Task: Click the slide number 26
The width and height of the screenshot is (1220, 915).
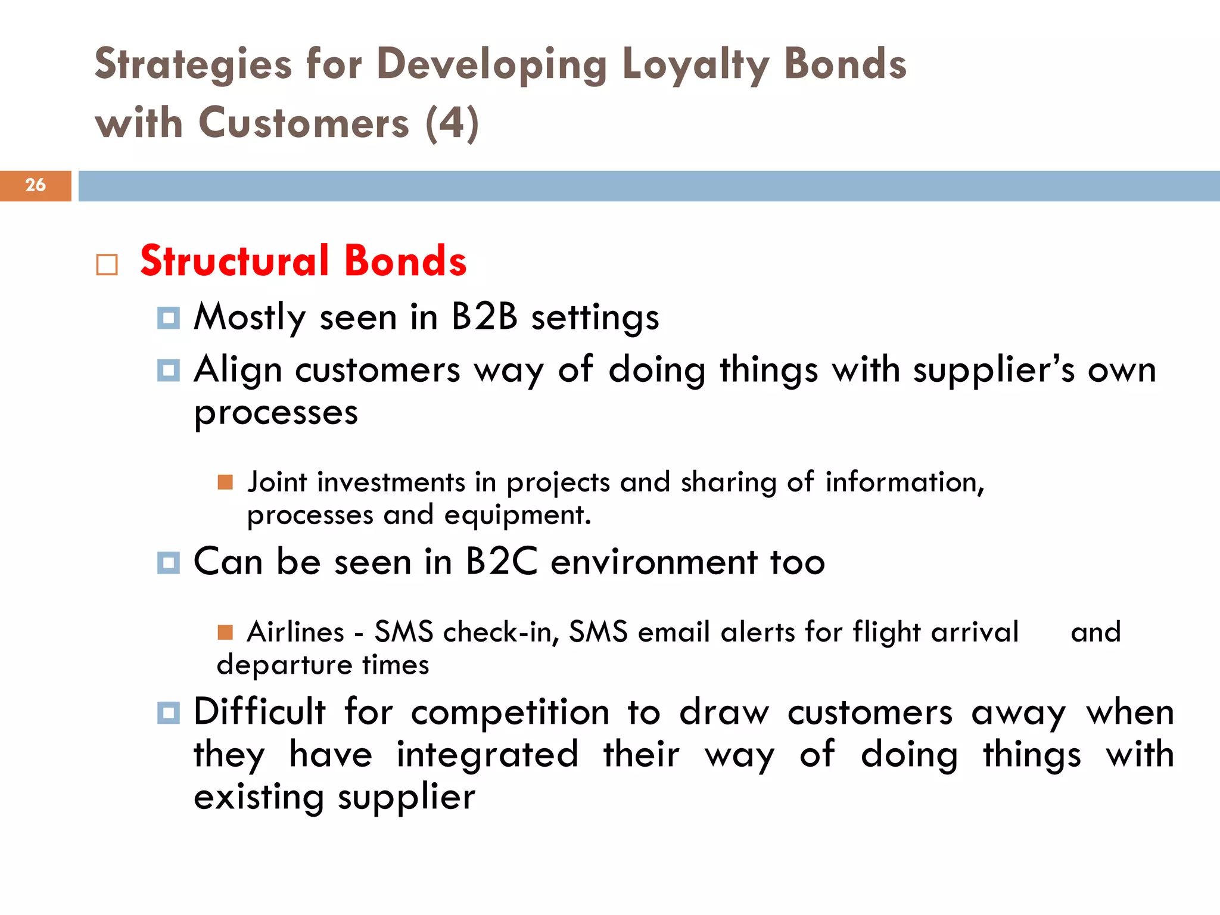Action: pos(35,185)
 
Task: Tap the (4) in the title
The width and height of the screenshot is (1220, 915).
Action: pos(452,123)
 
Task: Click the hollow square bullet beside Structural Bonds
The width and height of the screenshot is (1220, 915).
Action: pos(107,264)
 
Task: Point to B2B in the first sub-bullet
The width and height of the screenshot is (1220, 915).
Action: pos(484,316)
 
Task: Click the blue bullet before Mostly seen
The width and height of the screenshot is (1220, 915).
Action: pos(169,318)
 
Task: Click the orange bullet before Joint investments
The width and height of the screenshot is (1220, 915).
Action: pos(225,481)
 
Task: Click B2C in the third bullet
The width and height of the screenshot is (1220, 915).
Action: pos(502,562)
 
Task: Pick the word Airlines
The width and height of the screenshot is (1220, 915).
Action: pos(296,632)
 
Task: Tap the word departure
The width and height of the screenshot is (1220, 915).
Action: pos(284,665)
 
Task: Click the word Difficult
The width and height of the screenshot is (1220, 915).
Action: pos(260,712)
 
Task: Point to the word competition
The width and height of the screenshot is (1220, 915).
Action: pos(511,713)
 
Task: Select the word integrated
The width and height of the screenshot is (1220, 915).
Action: pos(487,755)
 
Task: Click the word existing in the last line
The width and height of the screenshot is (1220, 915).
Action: pos(259,797)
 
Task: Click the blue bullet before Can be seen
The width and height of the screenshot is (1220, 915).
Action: pos(169,562)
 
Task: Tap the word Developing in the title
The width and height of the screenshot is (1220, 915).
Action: pos(492,64)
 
